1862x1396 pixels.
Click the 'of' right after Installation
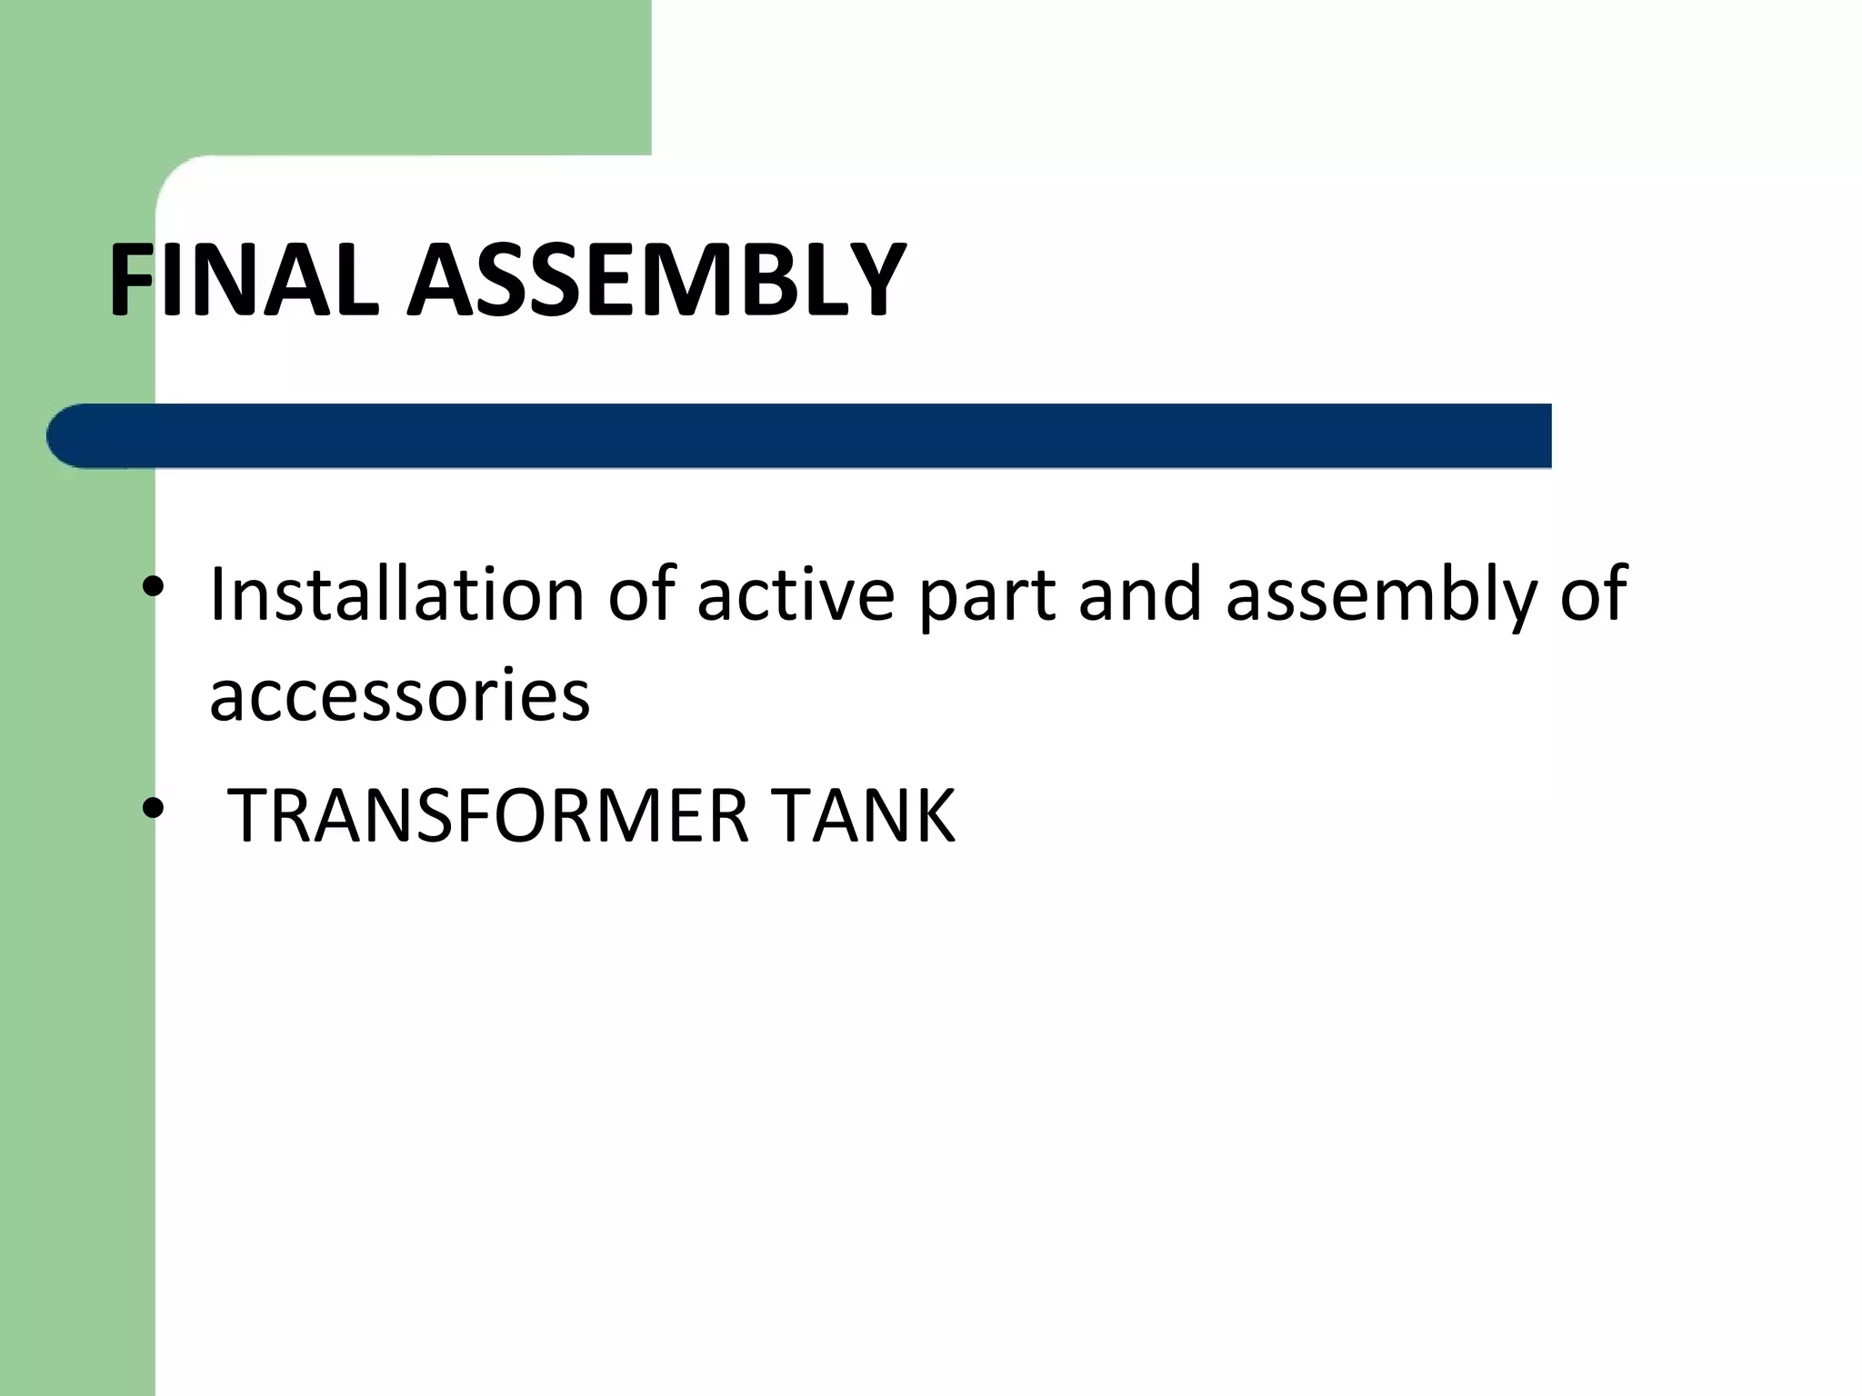[641, 595]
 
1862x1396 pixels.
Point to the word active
[796, 595]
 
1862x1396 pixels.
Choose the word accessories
[400, 695]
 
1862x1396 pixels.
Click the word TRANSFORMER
[487, 815]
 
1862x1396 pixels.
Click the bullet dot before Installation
[153, 587]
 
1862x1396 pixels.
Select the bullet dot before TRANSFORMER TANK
[153, 806]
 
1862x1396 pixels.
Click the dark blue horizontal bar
[818, 436]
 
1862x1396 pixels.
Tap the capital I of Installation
[216, 595]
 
